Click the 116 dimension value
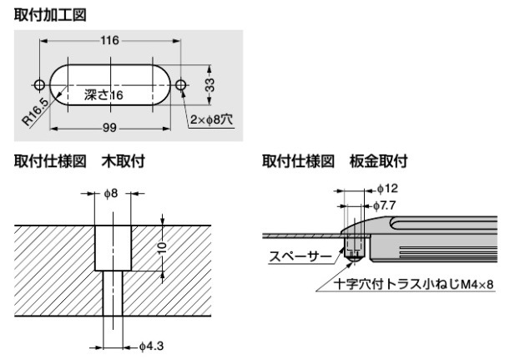tap(109, 40)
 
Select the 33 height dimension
tap(211, 85)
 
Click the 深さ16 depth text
tap(104, 96)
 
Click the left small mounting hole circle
tap(39, 85)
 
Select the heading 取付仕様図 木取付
tap(79, 161)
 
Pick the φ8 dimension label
tap(112, 193)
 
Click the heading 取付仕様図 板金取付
tap(334, 161)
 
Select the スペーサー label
tap(297, 256)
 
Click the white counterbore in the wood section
tap(111, 247)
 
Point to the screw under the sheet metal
tap(356, 244)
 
